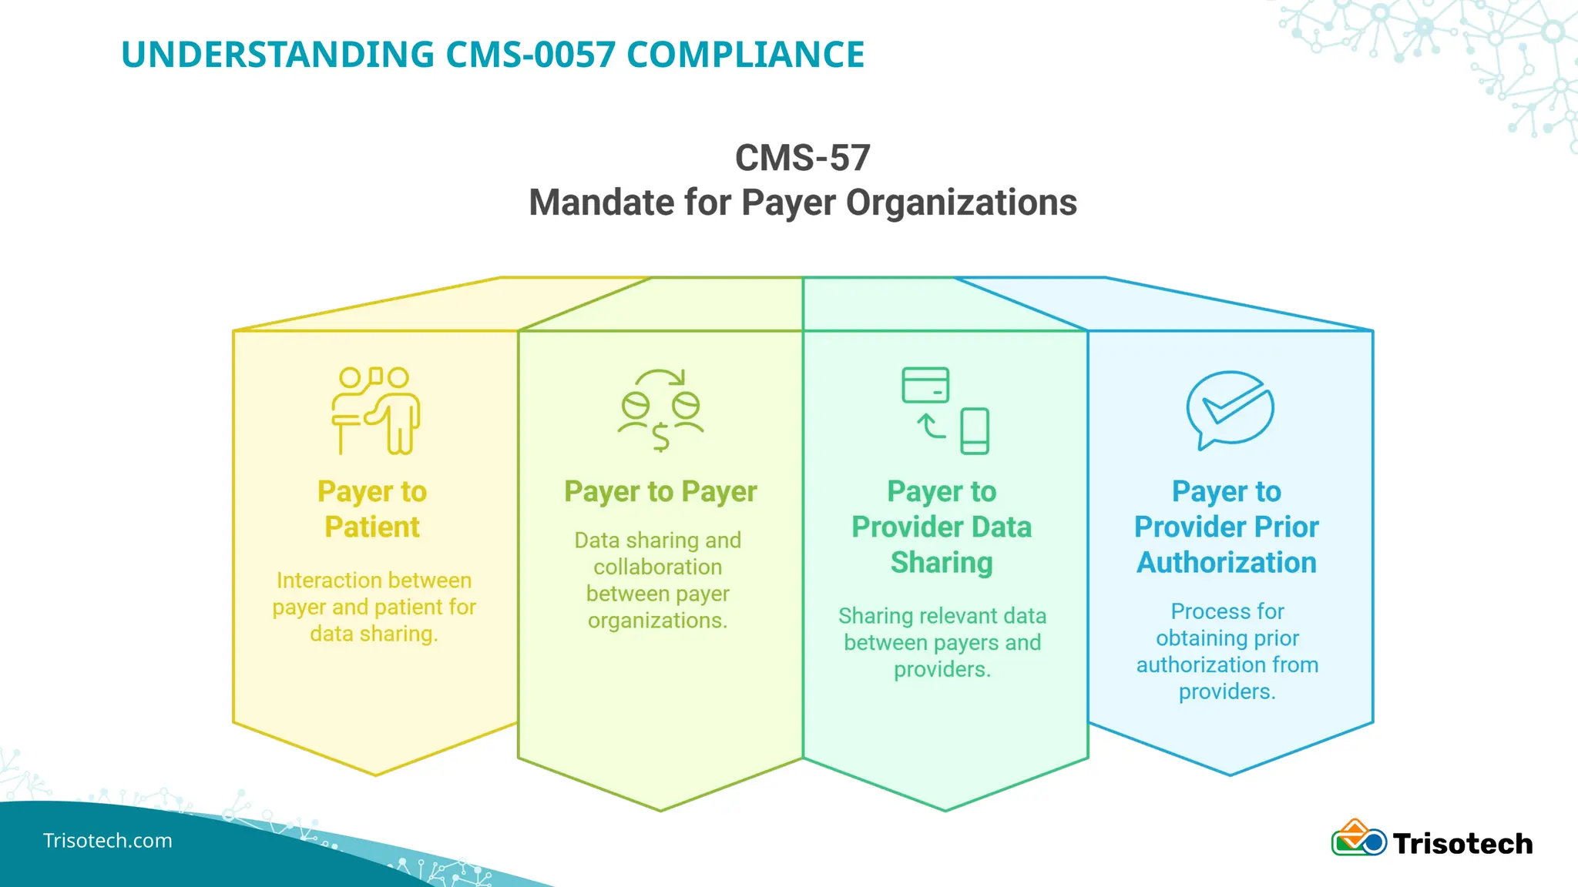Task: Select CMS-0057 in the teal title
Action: pyautogui.click(x=531, y=55)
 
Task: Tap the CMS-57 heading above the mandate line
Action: pyautogui.click(x=802, y=158)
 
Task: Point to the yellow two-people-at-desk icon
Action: pyautogui.click(x=375, y=410)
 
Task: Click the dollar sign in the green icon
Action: pyautogui.click(x=660, y=437)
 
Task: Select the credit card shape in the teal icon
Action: pyautogui.click(x=925, y=385)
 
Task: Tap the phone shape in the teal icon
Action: pyautogui.click(x=975, y=431)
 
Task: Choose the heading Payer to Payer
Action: pyautogui.click(x=660, y=491)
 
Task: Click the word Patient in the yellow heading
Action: pyautogui.click(x=372, y=527)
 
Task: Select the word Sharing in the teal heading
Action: pyautogui.click(x=942, y=563)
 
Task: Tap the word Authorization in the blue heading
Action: pyautogui.click(x=1227, y=563)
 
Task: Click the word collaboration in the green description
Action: pyautogui.click(x=657, y=567)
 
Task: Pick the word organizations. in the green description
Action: pyautogui.click(x=657, y=621)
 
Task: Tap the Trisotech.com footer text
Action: pyautogui.click(x=108, y=841)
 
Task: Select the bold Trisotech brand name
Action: pyautogui.click(x=1462, y=844)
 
